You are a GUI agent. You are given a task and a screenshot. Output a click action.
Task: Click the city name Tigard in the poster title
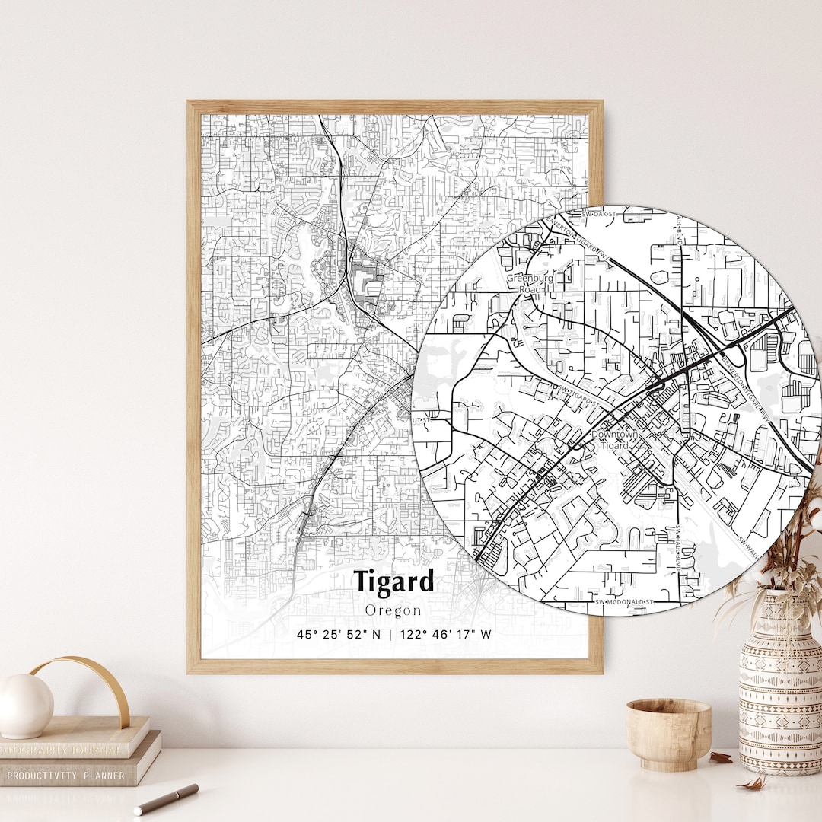393,581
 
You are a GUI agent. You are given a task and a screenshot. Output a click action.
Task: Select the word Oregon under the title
393,610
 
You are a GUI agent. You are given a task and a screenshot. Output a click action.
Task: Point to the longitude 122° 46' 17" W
444,634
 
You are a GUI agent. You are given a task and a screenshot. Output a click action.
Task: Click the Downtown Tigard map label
615,439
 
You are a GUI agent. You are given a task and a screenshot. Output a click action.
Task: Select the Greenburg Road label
530,284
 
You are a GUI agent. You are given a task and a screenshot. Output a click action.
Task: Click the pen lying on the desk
166,798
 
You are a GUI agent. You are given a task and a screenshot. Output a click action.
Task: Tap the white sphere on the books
26,706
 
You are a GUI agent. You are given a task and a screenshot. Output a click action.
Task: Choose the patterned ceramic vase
779,685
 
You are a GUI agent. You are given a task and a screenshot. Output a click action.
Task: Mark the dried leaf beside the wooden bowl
719,757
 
